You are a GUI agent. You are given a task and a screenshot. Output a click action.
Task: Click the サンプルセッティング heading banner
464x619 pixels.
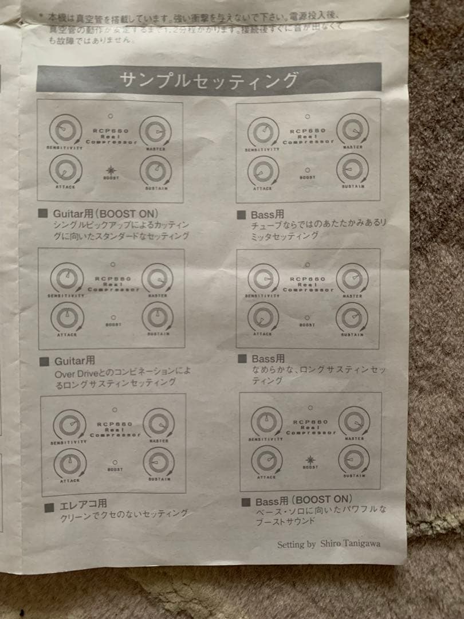point(209,79)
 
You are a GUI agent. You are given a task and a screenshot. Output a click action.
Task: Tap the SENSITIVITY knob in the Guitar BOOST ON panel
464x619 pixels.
point(65,131)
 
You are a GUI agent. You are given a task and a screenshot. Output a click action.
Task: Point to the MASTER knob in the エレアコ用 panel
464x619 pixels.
point(159,424)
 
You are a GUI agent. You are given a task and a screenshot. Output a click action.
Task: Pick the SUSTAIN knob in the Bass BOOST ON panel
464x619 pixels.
point(353,459)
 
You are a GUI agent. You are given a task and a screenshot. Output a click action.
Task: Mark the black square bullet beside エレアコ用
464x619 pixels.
point(49,507)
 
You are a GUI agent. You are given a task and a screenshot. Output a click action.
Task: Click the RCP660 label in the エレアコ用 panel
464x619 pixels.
point(113,424)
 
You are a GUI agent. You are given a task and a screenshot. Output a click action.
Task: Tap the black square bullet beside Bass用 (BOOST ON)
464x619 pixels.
point(246,502)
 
